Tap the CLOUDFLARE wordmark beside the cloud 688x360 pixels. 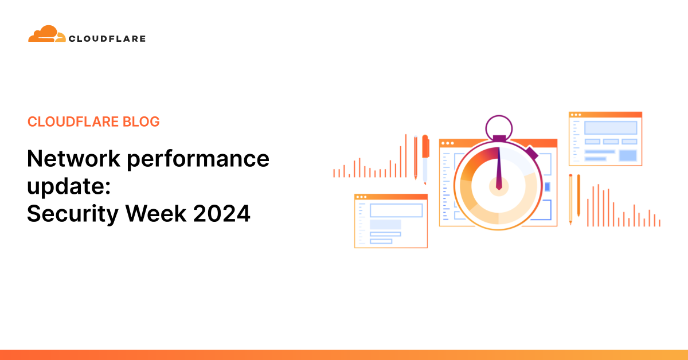107,39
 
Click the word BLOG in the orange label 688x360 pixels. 141,122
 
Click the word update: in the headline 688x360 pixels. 60,186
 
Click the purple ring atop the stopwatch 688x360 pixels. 498,127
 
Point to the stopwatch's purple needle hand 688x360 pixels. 498,169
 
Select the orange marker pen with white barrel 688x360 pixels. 425,158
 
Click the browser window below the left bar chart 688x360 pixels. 390,221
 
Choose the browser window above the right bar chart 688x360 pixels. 605,139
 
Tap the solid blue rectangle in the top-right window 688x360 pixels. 628,155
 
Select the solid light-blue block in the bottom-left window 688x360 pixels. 385,224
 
